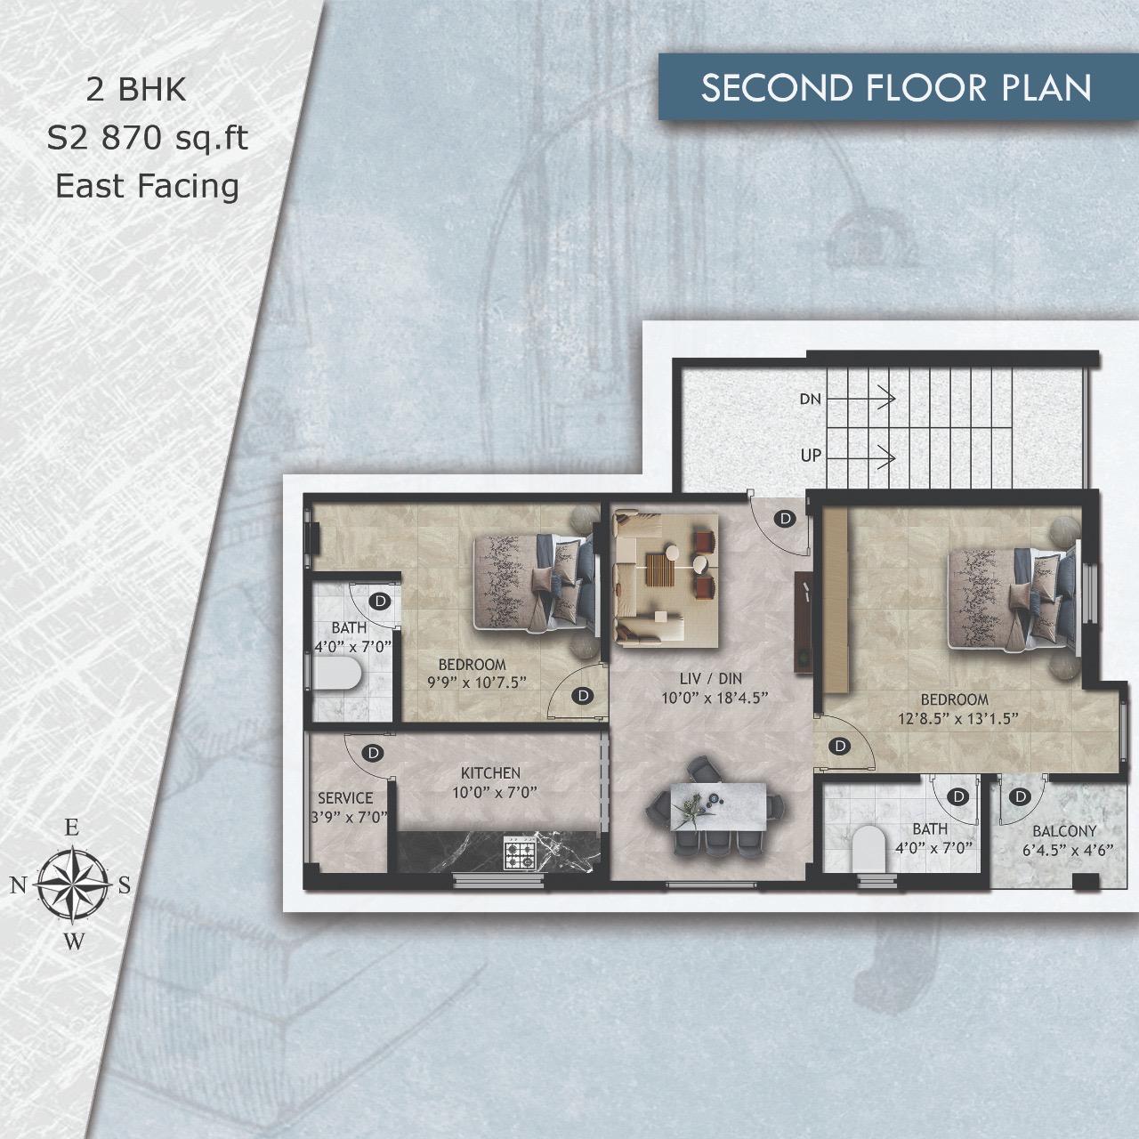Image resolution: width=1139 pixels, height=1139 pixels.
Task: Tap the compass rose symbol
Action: pyautogui.click(x=73, y=885)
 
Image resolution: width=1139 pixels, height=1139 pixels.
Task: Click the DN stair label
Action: pyautogui.click(x=811, y=400)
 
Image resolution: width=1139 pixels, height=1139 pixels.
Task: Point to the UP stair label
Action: pyautogui.click(x=811, y=456)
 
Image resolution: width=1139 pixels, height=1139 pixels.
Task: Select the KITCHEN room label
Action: pyautogui.click(x=490, y=773)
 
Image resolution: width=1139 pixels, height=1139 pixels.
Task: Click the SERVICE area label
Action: pyautogui.click(x=345, y=798)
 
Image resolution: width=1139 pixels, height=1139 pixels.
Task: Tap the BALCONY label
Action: pyautogui.click(x=1064, y=832)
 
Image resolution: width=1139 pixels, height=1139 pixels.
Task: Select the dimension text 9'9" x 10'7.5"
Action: pyautogui.click(x=477, y=683)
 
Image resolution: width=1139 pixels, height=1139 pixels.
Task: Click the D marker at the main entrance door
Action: pyautogui.click(x=785, y=519)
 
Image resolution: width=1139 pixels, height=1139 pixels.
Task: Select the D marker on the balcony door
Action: pyautogui.click(x=1020, y=797)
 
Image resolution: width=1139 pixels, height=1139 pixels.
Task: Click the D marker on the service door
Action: pyautogui.click(x=373, y=753)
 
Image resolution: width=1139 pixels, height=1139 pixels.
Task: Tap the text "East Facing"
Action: pyautogui.click(x=147, y=186)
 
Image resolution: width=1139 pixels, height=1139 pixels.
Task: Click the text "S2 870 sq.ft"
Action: pyautogui.click(x=147, y=139)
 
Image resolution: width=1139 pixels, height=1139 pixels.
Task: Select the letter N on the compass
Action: pyautogui.click(x=19, y=885)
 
